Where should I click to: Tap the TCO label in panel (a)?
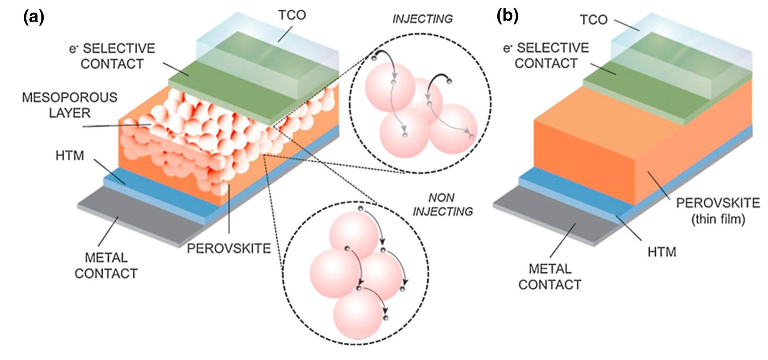coord(292,15)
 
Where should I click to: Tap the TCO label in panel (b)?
coord(593,19)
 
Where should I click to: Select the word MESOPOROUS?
coord(69,98)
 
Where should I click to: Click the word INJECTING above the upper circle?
coord(422,19)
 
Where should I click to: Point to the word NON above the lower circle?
coord(441,197)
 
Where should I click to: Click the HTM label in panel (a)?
coord(69,156)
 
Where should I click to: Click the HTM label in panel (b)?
coord(661,252)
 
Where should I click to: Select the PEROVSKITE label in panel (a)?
coord(229,248)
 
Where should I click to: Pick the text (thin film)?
coord(718,219)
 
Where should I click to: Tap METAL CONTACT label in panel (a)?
coord(106,266)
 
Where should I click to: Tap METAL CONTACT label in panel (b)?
coord(549,276)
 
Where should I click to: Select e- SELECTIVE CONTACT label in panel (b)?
coord(546,56)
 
